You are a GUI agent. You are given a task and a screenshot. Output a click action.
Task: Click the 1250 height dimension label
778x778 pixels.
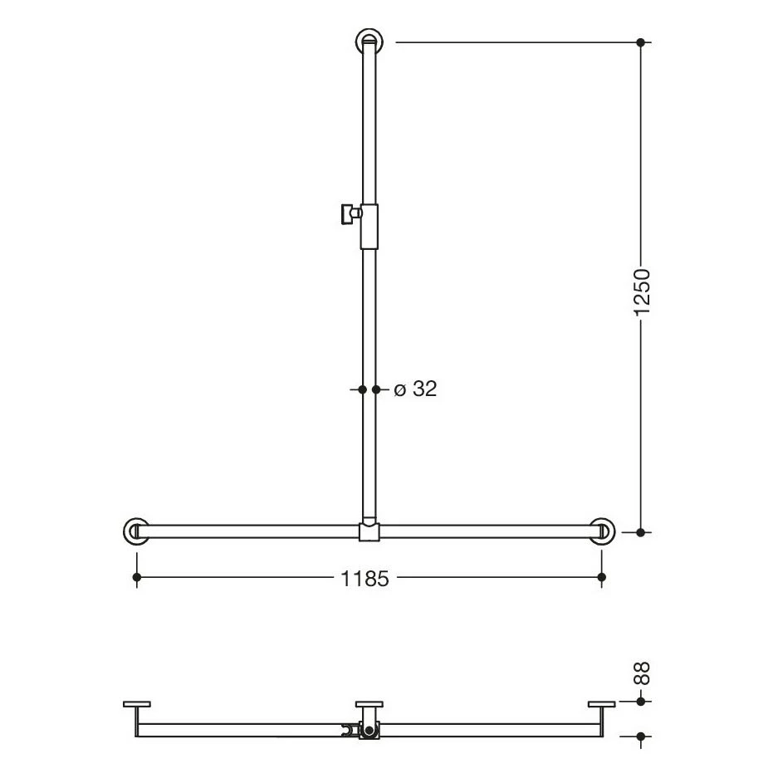click(x=642, y=291)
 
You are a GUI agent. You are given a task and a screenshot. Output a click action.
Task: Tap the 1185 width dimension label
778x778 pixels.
click(x=365, y=579)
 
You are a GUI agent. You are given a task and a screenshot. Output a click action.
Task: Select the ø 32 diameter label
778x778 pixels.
click(x=415, y=389)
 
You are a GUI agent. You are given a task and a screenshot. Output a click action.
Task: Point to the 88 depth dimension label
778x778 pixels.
click(x=642, y=673)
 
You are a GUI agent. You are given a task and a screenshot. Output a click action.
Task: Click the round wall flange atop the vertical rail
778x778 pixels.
click(x=369, y=41)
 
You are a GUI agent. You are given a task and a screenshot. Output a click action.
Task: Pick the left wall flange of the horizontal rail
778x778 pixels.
click(x=135, y=531)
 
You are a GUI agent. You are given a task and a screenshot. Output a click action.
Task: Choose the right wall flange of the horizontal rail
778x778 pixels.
click(x=602, y=531)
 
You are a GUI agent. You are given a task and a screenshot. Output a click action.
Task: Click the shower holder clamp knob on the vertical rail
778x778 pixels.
click(x=350, y=213)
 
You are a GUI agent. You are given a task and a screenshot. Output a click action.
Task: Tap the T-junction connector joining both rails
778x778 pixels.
click(x=369, y=531)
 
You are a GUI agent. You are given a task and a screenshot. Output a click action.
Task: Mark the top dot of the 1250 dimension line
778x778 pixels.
click(x=640, y=42)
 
